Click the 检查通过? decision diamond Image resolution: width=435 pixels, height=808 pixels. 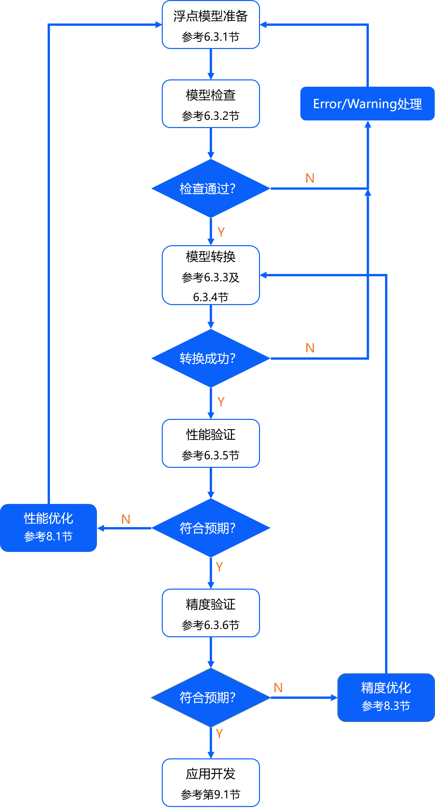pyautogui.click(x=211, y=189)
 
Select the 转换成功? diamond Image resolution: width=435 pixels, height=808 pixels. pyautogui.click(x=211, y=358)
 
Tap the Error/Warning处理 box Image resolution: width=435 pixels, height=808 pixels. pyautogui.click(x=367, y=104)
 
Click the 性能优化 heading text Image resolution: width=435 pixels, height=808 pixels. pyautogui.click(x=48, y=518)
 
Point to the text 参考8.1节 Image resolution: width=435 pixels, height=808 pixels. pyautogui.click(x=48, y=536)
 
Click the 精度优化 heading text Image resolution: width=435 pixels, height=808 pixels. pyautogui.click(x=386, y=688)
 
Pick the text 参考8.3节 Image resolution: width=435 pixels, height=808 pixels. pyautogui.click(x=386, y=706)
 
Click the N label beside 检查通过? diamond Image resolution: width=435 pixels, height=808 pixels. pyautogui.click(x=310, y=178)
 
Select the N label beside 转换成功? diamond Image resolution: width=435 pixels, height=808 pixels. pyautogui.click(x=310, y=348)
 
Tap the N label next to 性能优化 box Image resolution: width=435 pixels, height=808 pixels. pyautogui.click(x=126, y=519)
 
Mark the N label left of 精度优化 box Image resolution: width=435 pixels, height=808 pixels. pyautogui.click(x=278, y=688)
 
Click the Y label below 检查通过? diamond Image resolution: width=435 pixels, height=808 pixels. pyautogui.click(x=221, y=232)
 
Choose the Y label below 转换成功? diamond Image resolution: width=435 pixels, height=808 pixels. pyautogui.click(x=221, y=402)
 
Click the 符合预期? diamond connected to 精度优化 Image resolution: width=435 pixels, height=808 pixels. pyautogui.click(x=211, y=697)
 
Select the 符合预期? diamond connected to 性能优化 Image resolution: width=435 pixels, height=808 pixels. pyautogui.click(x=211, y=528)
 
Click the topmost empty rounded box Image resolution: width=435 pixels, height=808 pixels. pyautogui.click(x=211, y=24)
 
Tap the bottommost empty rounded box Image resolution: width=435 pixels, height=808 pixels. pyautogui.click(x=211, y=783)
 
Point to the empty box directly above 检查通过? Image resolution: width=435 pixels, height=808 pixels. pyautogui.click(x=211, y=104)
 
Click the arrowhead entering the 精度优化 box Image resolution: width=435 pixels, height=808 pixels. pyautogui.click(x=334, y=697)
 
